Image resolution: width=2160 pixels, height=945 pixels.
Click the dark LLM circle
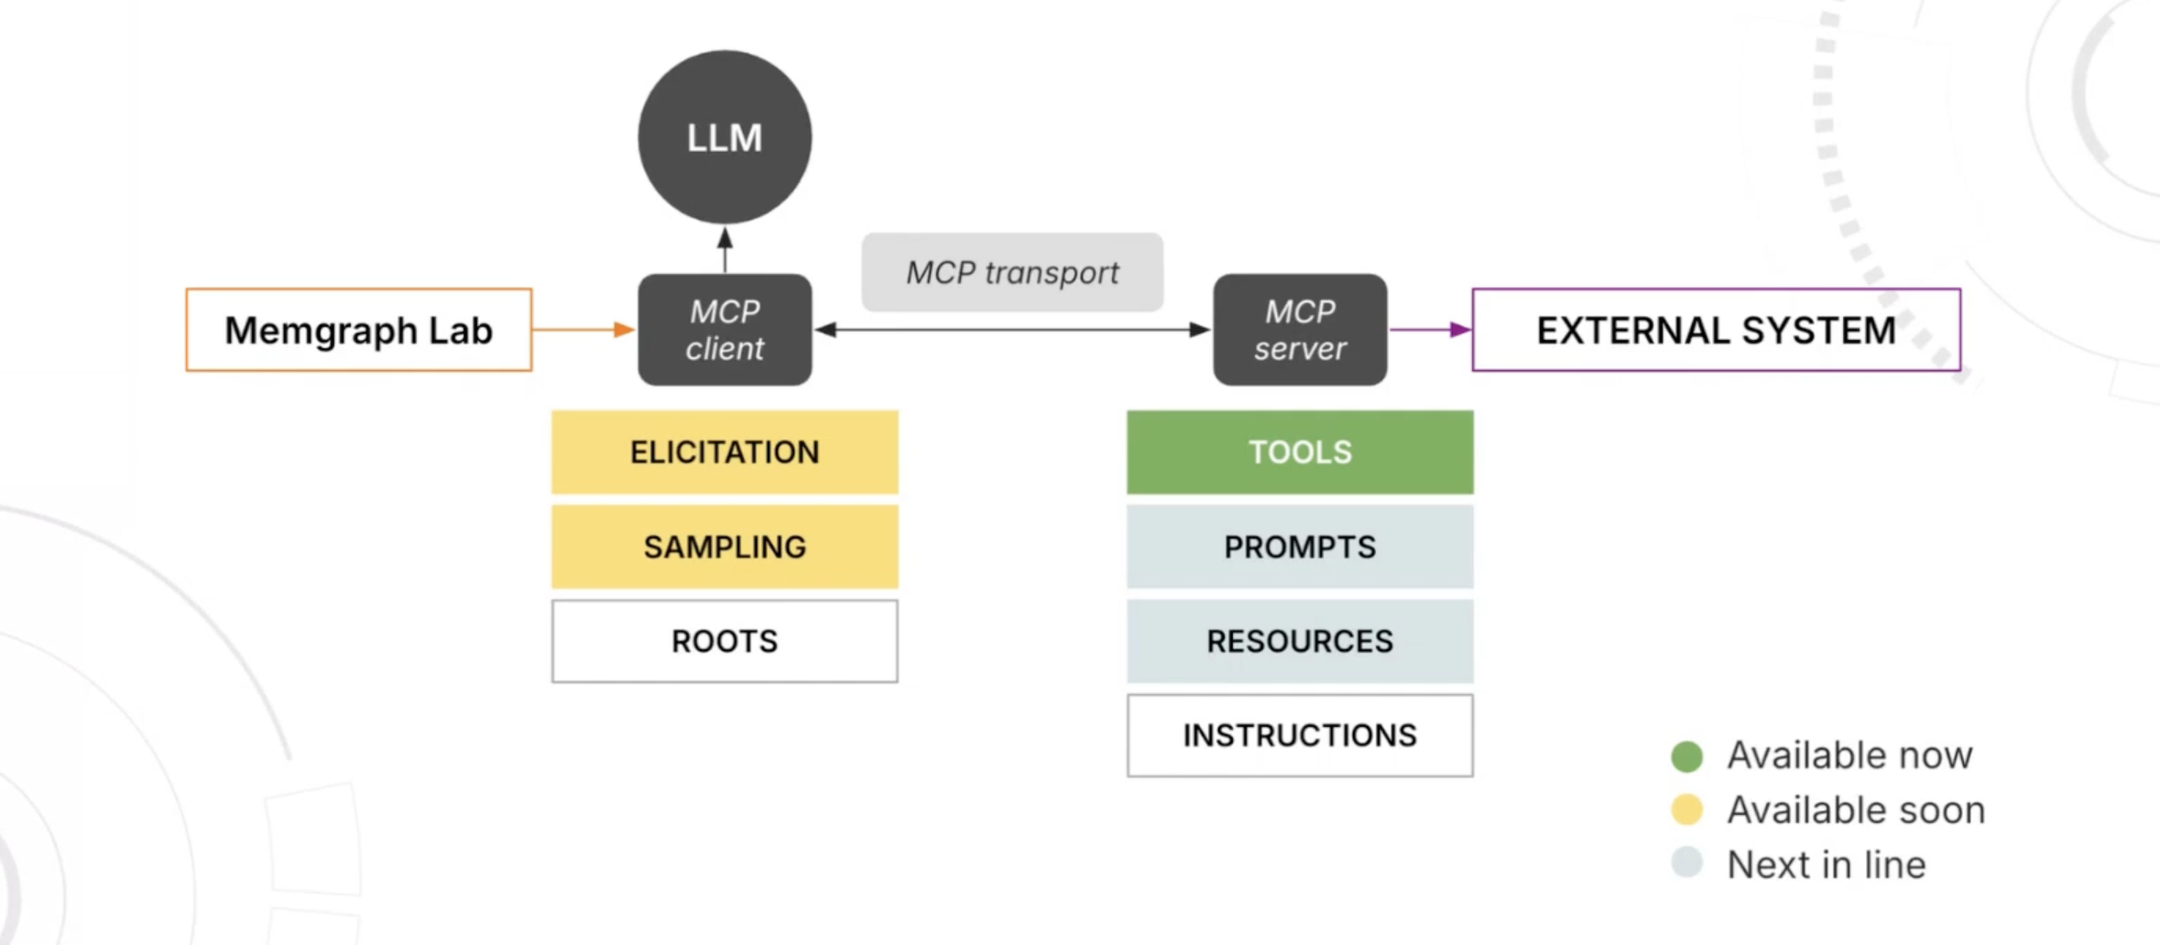click(x=725, y=137)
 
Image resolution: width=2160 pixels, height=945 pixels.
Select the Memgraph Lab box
click(x=358, y=330)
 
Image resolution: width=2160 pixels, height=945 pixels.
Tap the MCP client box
click(x=725, y=330)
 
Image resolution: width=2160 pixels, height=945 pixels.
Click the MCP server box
click(x=1300, y=330)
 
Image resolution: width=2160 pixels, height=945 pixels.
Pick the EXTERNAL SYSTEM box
click(x=1716, y=330)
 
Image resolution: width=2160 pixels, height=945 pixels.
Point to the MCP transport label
click(x=1012, y=272)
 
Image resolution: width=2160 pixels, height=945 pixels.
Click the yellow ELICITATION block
click(x=725, y=452)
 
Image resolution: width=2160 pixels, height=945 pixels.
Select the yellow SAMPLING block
click(x=725, y=547)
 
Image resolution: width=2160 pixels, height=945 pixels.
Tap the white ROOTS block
click(x=725, y=641)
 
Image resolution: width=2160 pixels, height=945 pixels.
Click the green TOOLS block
click(x=1300, y=452)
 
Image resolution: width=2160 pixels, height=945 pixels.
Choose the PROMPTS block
click(x=1300, y=547)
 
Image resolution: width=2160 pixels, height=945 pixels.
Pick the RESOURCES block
click(x=1300, y=641)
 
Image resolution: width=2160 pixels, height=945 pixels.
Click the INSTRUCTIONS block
click(x=1300, y=735)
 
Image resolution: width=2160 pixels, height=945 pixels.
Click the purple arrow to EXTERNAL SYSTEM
click(x=1429, y=330)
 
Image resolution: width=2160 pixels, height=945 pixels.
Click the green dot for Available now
click(x=1686, y=756)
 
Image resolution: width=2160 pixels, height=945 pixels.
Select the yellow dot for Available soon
click(x=1686, y=810)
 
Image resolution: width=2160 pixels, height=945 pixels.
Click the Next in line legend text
click(x=1826, y=864)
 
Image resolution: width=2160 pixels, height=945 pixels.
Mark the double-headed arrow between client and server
click(x=1012, y=330)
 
